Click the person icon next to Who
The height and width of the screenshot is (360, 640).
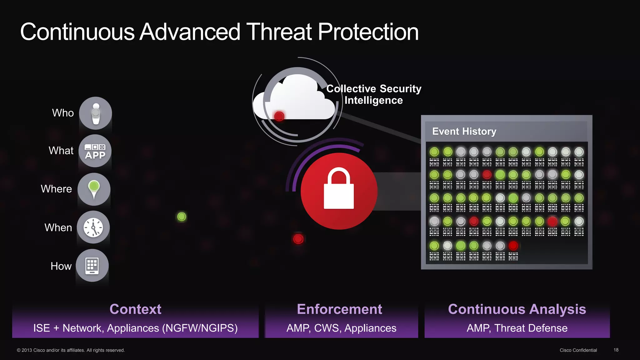(x=96, y=113)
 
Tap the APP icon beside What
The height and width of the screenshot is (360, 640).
(x=95, y=151)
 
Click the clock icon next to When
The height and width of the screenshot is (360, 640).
(x=93, y=227)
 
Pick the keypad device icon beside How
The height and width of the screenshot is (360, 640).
(x=92, y=266)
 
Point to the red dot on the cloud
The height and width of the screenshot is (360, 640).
(x=279, y=116)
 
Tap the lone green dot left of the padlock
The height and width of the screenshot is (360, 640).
(x=182, y=217)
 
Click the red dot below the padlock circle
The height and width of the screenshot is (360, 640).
(x=298, y=239)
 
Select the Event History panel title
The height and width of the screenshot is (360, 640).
(x=464, y=131)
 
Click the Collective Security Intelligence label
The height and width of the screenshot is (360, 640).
(x=374, y=94)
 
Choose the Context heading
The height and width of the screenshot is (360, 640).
(x=135, y=309)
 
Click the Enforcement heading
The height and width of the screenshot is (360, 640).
(x=339, y=309)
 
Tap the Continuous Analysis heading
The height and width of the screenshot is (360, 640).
(x=517, y=309)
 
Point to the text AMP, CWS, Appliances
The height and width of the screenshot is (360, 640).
(x=341, y=328)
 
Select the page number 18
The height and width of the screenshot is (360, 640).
(x=616, y=350)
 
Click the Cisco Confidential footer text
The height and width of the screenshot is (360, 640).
(x=578, y=350)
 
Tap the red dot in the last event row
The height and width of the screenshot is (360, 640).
(x=513, y=246)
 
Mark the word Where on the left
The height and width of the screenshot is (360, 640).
(x=56, y=189)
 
